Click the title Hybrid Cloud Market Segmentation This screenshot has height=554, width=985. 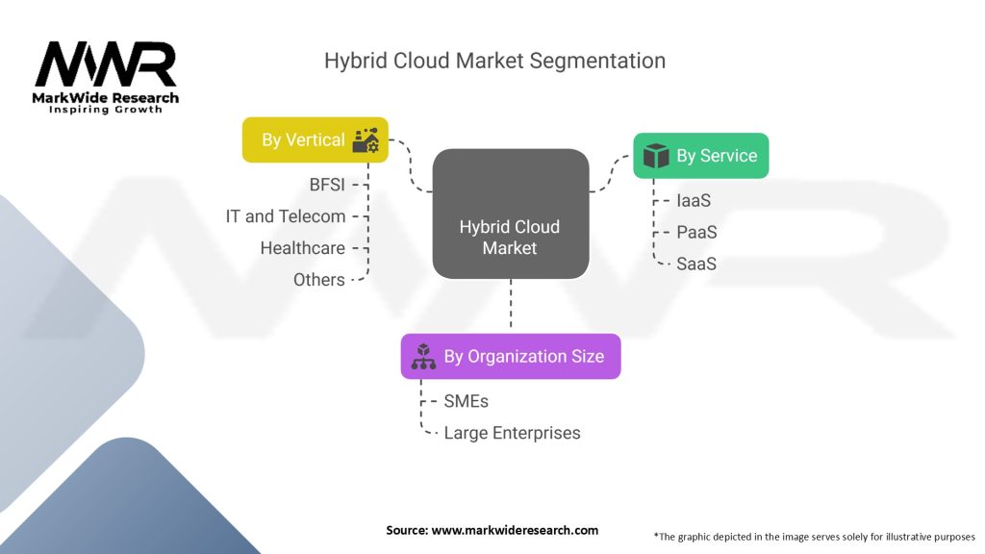point(494,60)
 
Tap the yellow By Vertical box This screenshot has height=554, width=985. point(315,140)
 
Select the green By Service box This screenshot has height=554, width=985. point(700,156)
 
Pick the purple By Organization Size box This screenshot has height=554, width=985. point(510,357)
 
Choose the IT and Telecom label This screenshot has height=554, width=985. point(286,216)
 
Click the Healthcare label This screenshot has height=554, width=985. point(302,248)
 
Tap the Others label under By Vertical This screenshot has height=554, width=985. point(318,280)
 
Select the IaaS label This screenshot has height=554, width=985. point(693,201)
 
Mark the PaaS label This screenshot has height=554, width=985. point(695,233)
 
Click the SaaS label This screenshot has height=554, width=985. point(695,264)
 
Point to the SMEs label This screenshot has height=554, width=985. point(466,401)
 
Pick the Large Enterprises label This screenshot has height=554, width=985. point(512,433)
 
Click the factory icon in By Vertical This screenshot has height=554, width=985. point(366,140)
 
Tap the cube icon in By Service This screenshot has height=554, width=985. point(656,156)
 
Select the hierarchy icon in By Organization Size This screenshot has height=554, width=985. point(423,357)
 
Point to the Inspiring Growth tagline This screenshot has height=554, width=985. point(106,110)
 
